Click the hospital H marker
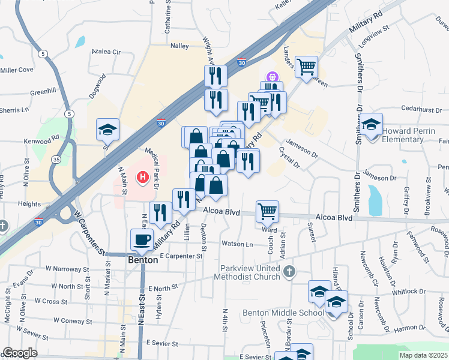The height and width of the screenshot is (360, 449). (143, 178)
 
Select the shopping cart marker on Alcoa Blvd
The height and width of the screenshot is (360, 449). (267, 211)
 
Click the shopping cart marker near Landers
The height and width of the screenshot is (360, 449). (306, 66)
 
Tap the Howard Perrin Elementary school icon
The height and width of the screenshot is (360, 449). (372, 125)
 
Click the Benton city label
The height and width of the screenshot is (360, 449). (143, 260)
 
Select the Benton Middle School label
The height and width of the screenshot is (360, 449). (283, 313)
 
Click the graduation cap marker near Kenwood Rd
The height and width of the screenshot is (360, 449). (108, 130)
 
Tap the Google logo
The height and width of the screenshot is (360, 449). (19, 353)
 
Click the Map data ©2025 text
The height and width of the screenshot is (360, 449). (420, 355)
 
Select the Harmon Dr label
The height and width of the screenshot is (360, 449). (410, 328)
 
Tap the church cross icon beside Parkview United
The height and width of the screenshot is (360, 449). (290, 271)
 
